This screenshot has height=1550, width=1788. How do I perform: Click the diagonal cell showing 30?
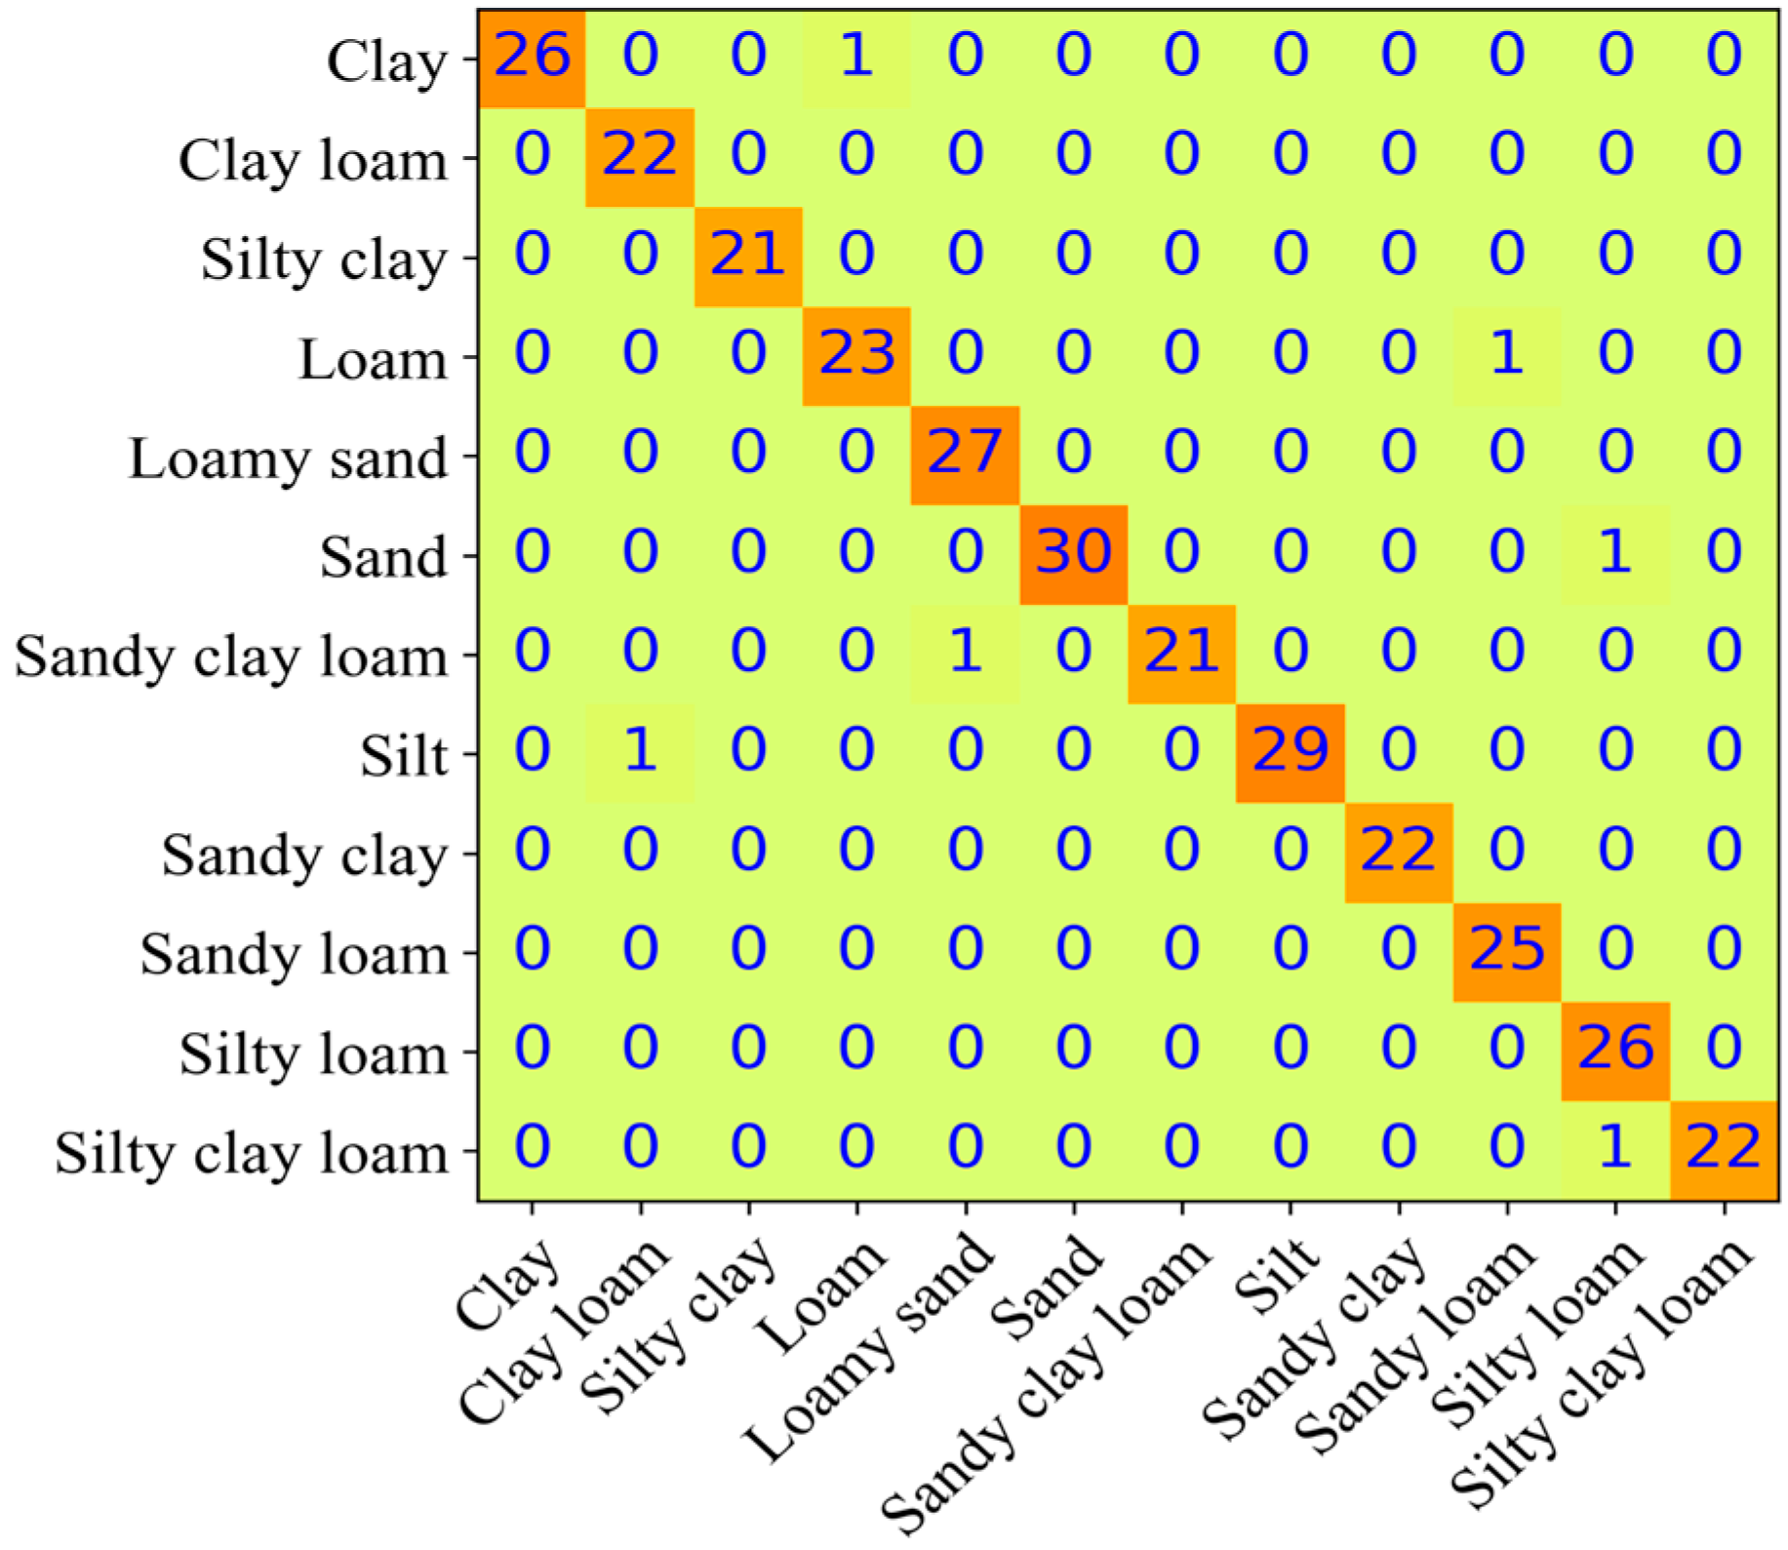point(1073,552)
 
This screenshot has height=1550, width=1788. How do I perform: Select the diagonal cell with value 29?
point(1290,750)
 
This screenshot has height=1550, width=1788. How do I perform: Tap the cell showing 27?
point(965,453)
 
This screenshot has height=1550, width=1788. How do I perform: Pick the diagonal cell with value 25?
point(1506,949)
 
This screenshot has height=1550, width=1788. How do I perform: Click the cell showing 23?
point(856,353)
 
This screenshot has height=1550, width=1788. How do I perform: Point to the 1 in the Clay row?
point(856,56)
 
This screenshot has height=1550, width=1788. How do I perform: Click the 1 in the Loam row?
point(1506,353)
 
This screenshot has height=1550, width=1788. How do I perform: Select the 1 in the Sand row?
point(1614,552)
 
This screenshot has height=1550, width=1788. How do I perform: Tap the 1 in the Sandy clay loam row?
point(965,652)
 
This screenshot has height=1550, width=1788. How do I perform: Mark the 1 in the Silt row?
point(640,750)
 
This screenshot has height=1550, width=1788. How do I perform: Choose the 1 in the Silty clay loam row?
point(1614,1147)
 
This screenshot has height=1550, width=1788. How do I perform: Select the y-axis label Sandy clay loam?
point(231,656)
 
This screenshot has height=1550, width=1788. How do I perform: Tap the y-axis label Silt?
point(403,756)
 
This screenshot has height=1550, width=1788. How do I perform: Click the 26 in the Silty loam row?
point(1614,1049)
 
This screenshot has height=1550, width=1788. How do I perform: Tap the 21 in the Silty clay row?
point(748,255)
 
